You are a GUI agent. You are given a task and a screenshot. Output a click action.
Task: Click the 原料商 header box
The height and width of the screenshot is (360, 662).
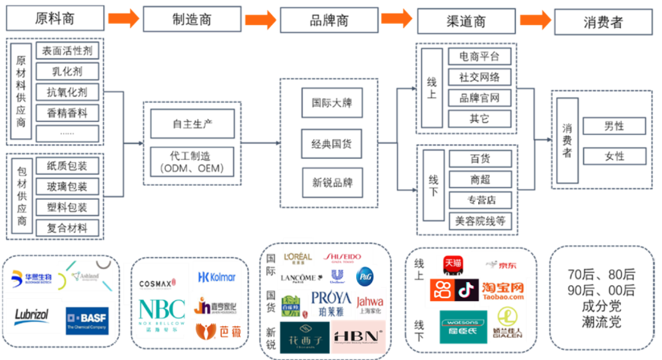coord(55,19)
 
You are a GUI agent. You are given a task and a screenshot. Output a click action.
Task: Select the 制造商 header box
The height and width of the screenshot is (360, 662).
coord(192,19)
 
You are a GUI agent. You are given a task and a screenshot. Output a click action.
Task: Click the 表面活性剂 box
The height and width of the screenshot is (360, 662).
coord(67,51)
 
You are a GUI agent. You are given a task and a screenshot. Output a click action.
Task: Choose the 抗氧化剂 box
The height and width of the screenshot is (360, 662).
coord(67,93)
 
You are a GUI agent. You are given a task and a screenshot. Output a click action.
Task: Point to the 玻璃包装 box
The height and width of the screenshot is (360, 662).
coord(67,186)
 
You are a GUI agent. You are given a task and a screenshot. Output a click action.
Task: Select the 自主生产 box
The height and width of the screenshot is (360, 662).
coord(192,124)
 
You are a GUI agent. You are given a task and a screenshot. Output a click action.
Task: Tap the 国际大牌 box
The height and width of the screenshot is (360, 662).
coord(332,102)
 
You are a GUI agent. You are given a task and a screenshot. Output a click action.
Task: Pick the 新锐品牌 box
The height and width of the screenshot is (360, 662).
coord(332,182)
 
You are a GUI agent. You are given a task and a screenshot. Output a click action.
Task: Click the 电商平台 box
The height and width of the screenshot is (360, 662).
coord(479,57)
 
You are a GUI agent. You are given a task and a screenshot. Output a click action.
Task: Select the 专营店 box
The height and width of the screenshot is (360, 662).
coord(479,200)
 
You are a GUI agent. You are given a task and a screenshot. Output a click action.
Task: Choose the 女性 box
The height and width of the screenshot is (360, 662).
coord(614,156)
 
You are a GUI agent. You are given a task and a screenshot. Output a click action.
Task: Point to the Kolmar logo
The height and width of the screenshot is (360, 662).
coord(216,277)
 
